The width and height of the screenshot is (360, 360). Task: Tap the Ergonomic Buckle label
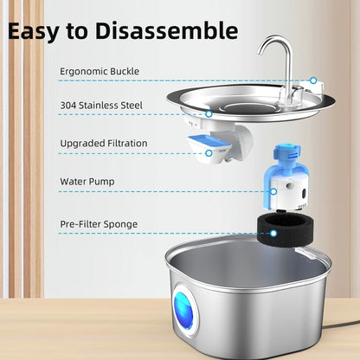pyautogui.click(x=100, y=70)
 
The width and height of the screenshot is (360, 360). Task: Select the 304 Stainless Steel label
pyautogui.click(x=100, y=107)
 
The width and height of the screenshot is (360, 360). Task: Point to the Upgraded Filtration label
pyautogui.click(x=104, y=144)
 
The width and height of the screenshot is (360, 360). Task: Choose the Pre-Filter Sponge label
pyautogui.click(x=99, y=224)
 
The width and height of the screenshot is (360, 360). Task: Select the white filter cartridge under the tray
pyautogui.click(x=212, y=144)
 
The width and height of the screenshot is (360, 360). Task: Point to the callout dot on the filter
pyautogui.click(x=209, y=154)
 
